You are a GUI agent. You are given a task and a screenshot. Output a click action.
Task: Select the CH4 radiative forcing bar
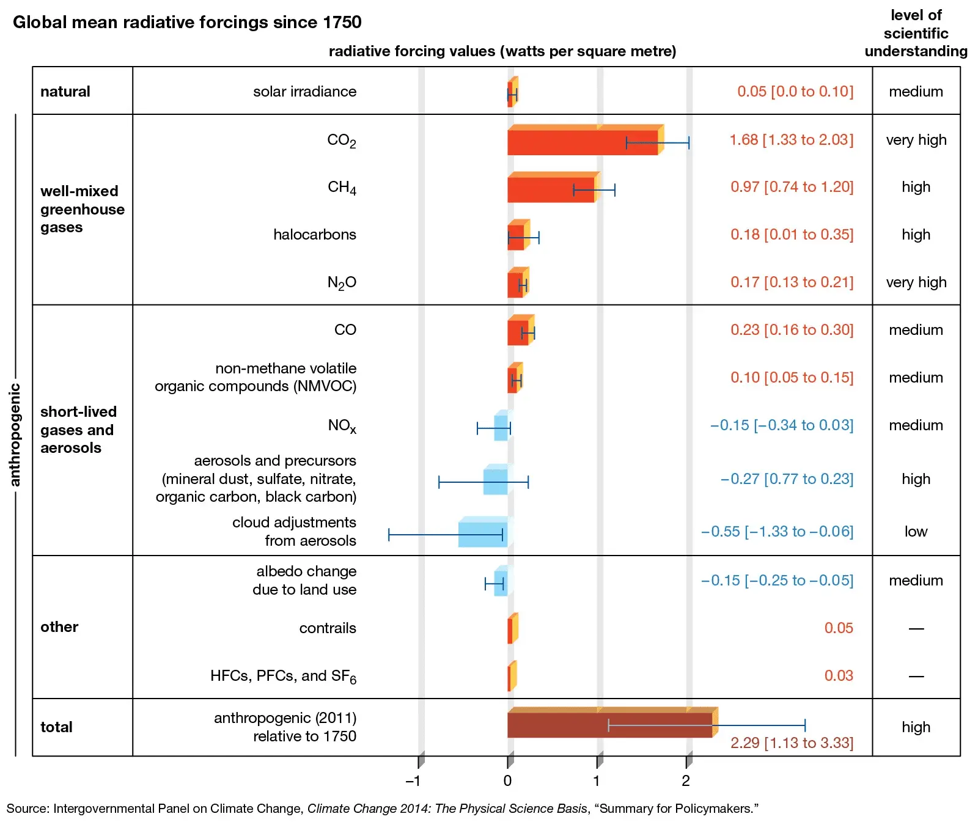[x=550, y=189]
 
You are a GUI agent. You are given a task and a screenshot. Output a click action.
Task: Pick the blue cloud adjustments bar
[x=482, y=535]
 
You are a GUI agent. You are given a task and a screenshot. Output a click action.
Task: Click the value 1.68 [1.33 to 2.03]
[x=791, y=140]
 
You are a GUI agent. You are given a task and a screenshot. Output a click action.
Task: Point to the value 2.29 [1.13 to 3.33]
[x=791, y=743]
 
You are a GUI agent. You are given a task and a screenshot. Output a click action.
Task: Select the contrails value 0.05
[x=838, y=628]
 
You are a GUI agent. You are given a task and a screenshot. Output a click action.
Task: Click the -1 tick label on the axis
[x=413, y=781]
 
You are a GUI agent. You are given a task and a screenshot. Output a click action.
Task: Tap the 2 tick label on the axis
[x=686, y=781]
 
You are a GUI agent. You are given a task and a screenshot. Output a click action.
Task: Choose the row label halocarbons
[x=314, y=235]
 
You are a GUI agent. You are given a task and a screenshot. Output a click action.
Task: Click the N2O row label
[x=342, y=282]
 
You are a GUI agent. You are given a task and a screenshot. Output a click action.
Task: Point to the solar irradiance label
[x=304, y=92]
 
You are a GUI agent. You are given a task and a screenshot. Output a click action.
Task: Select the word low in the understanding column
[x=916, y=532]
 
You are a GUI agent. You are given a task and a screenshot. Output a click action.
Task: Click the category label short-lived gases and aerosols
[x=78, y=430]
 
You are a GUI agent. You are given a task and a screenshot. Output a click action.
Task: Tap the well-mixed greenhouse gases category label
[x=82, y=209]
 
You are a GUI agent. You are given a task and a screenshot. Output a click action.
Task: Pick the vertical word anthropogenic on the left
[x=15, y=435]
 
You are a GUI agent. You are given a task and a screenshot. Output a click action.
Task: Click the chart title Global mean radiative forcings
[x=187, y=23]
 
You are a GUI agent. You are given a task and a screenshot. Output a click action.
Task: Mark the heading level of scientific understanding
[x=916, y=34]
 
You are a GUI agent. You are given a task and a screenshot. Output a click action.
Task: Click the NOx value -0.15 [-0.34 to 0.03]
[x=781, y=425]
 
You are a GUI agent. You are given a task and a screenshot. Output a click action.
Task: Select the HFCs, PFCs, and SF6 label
[x=283, y=676]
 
